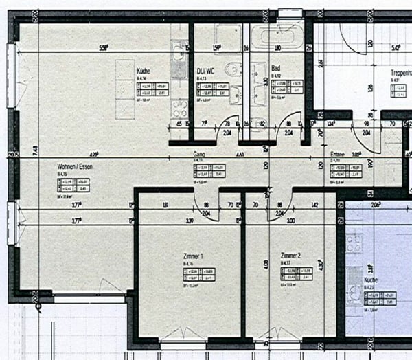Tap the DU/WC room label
(207, 71)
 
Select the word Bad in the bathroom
(275, 69)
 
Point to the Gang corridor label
(199, 155)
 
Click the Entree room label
(338, 155)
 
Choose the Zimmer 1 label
(193, 255)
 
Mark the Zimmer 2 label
(290, 255)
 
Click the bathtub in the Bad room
(277, 36)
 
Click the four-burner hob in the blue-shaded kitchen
(354, 243)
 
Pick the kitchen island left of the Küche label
(124, 89)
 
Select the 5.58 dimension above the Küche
(104, 48)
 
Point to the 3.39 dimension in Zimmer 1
(188, 221)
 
